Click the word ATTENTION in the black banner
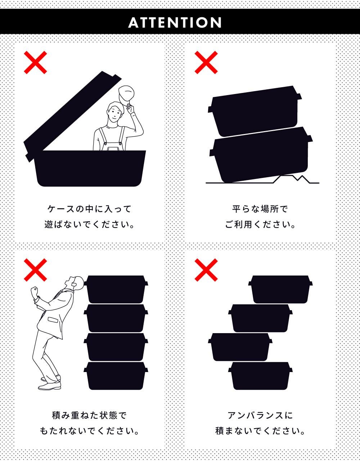click(x=175, y=23)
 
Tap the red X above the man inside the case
click(x=35, y=62)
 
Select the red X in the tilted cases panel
click(x=206, y=62)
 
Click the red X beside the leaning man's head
click(x=35, y=270)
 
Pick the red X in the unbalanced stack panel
click(x=206, y=270)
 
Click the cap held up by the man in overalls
click(x=126, y=94)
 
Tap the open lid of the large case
click(x=72, y=115)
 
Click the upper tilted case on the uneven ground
click(x=255, y=111)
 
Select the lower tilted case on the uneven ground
click(x=261, y=155)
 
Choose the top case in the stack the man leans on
click(x=116, y=289)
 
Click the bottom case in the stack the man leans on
click(x=116, y=376)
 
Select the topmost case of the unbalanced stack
click(x=280, y=289)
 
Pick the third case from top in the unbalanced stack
click(x=240, y=347)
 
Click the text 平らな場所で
click(x=260, y=209)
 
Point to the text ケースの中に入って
click(x=89, y=209)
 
